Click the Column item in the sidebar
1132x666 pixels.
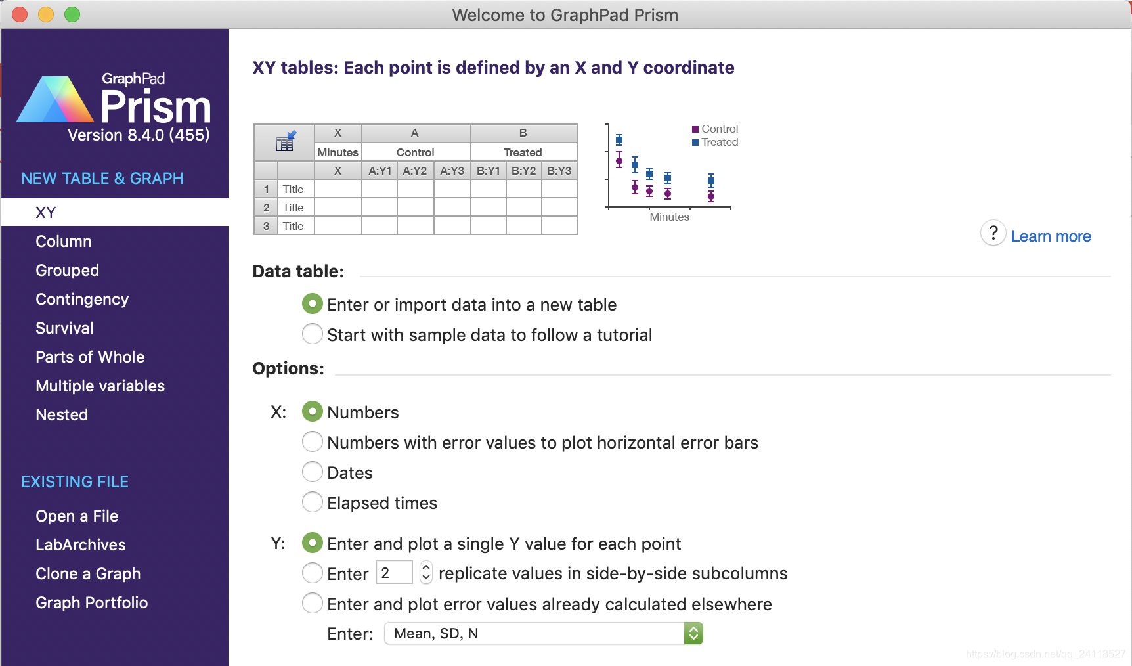pos(64,242)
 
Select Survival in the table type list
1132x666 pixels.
pos(64,328)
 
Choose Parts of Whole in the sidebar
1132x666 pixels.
pos(90,357)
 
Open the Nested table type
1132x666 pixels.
pos(62,415)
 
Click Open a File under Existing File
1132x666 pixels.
pos(77,516)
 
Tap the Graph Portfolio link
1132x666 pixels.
pos(92,603)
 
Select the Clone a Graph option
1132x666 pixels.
pos(88,574)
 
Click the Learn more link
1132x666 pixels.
pos(1051,236)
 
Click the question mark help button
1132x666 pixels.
pos(993,233)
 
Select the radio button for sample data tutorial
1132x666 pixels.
pos(313,334)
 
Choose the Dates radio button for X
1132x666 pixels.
pos(313,472)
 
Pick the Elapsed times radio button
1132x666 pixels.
pos(313,502)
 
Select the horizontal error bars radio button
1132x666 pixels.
pos(313,442)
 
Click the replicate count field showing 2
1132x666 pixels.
pos(394,573)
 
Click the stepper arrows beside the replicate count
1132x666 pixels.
pos(426,573)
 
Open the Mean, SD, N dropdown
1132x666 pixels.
pos(544,634)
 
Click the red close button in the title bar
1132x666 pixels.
pos(20,14)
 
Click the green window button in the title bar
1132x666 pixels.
pos(72,14)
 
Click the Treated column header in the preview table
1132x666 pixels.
pos(523,152)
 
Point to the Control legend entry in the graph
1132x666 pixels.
pos(715,129)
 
